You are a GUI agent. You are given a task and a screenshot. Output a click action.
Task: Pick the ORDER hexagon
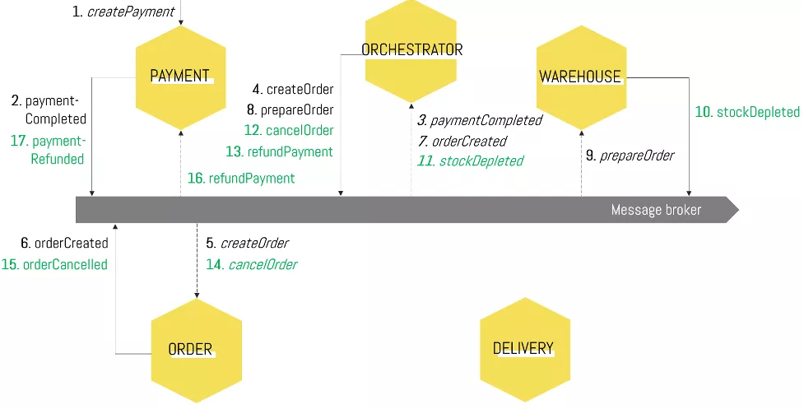196,350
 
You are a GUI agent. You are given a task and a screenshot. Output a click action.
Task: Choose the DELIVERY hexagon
523,348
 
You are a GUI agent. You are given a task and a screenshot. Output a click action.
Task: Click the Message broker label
656,210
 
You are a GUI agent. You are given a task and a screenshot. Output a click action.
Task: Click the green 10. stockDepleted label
747,112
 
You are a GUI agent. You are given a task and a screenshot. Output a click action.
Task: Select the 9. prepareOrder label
630,155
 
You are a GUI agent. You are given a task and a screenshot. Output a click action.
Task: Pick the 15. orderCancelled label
54,264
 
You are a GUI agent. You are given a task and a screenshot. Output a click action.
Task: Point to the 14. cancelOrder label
251,264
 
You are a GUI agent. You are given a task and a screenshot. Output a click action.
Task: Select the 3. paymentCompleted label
479,120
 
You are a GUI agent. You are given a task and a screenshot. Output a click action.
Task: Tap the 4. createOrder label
292,89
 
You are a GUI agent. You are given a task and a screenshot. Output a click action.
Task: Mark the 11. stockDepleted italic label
470,160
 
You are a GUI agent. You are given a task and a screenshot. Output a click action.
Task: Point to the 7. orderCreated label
462,141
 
